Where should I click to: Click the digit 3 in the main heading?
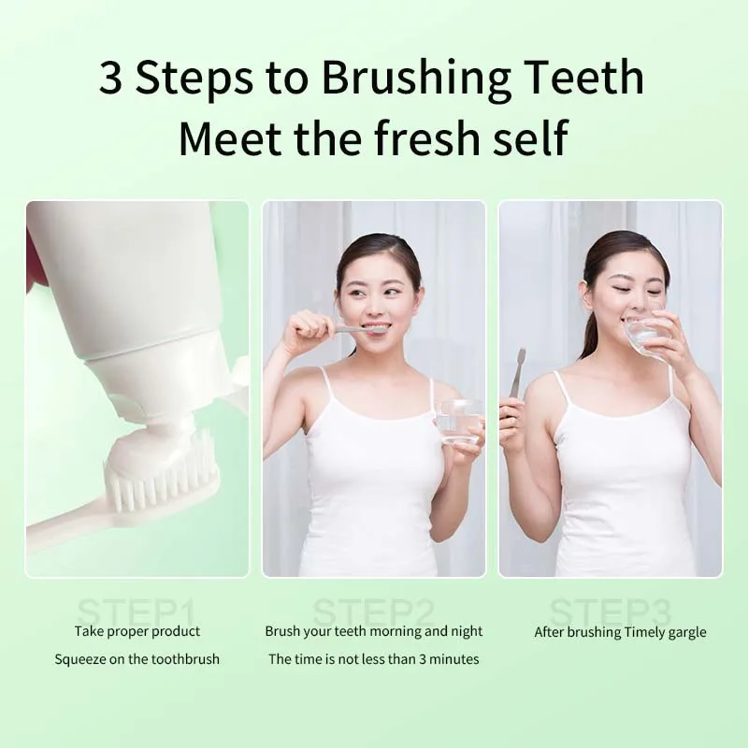pos(111,79)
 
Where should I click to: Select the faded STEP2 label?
pos(373,614)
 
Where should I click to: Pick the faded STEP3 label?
pos(610,614)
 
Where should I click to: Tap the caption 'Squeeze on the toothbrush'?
pos(137,659)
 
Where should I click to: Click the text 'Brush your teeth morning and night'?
pos(373,631)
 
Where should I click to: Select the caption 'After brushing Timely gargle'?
pos(620,632)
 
